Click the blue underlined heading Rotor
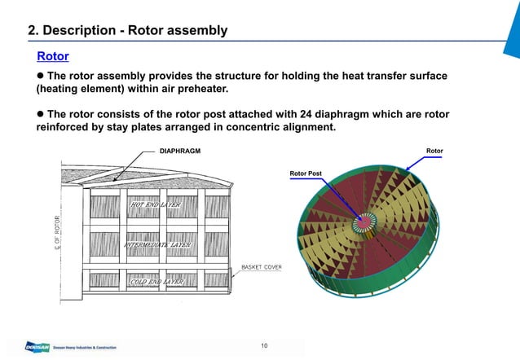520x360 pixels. coord(52,56)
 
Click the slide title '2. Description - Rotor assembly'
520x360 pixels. coord(128,31)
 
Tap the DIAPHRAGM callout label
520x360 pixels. coord(180,151)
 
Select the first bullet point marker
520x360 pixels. coord(41,76)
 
